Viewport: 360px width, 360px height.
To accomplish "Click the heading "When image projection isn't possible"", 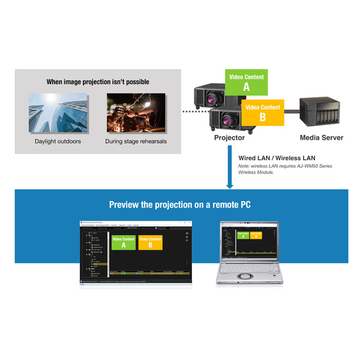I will (98, 82).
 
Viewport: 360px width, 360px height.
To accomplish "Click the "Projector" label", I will (229, 138).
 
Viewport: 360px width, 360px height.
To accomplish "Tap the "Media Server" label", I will (322, 138).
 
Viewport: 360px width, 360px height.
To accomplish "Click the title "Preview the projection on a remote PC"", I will (180, 205).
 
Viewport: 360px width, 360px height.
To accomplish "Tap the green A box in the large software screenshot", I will (124, 242).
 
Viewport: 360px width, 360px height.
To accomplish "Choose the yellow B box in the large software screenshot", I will (150, 242).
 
